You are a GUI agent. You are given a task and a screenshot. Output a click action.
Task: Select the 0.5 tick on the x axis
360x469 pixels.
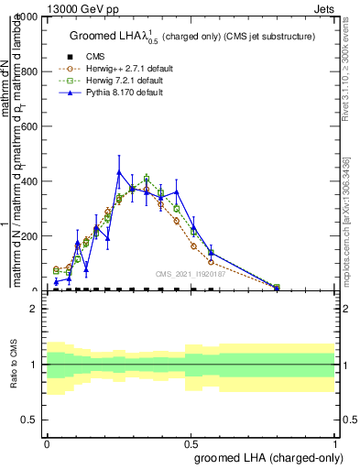click(x=191, y=443)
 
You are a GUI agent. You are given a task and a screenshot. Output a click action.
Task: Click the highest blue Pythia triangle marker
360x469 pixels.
click(x=119, y=171)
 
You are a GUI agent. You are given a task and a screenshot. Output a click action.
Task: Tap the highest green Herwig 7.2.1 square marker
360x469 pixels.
click(x=147, y=178)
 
